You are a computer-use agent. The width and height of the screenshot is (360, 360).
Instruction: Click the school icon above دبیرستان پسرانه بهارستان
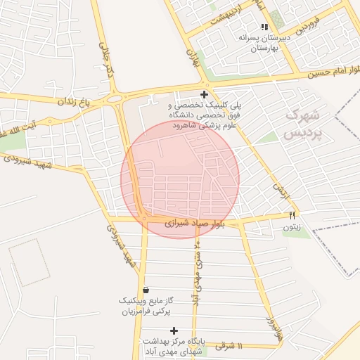[264, 27]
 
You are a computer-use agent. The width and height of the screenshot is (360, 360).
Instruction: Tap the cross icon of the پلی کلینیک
[204, 94]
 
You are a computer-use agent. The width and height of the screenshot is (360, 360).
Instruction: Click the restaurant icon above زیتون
[292, 214]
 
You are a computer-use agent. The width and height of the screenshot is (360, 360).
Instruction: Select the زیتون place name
[292, 227]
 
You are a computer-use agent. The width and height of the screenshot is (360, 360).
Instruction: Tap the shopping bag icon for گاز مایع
[146, 290]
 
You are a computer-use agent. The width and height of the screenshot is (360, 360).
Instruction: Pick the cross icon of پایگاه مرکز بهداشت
[174, 330]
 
